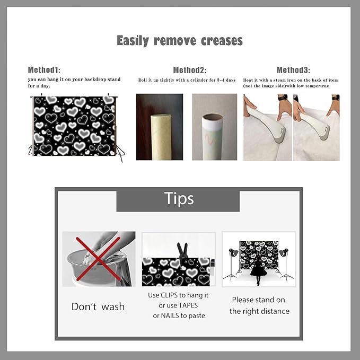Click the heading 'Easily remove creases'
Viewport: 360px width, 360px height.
coord(180,41)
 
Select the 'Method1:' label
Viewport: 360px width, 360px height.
coord(44,70)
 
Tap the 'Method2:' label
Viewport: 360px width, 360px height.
coord(190,70)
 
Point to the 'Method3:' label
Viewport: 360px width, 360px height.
coord(293,70)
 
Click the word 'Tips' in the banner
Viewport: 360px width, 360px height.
coord(179,198)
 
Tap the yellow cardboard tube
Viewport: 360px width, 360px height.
coord(160,137)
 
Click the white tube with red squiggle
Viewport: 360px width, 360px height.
coord(212,137)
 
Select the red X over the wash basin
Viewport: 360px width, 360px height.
coord(98,259)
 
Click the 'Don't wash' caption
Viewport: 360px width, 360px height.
coord(98,307)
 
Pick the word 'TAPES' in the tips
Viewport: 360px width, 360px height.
coord(188,305)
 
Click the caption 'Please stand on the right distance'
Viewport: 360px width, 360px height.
coord(259,305)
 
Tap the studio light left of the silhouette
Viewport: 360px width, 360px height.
coord(233,264)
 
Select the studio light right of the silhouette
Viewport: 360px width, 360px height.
coord(285,264)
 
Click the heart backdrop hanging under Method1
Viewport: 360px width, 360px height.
coord(74,126)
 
